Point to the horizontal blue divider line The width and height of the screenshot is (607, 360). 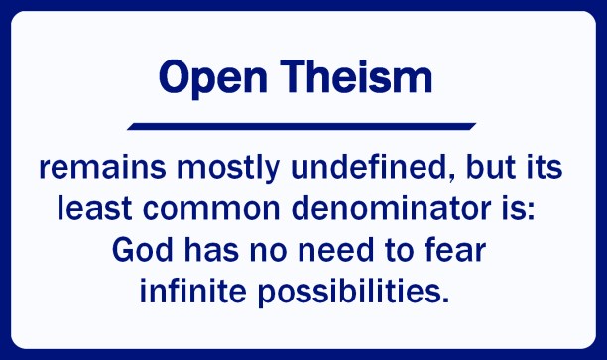[x=302, y=126]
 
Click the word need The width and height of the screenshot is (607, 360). [x=335, y=252]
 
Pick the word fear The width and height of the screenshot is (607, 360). [x=462, y=252]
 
